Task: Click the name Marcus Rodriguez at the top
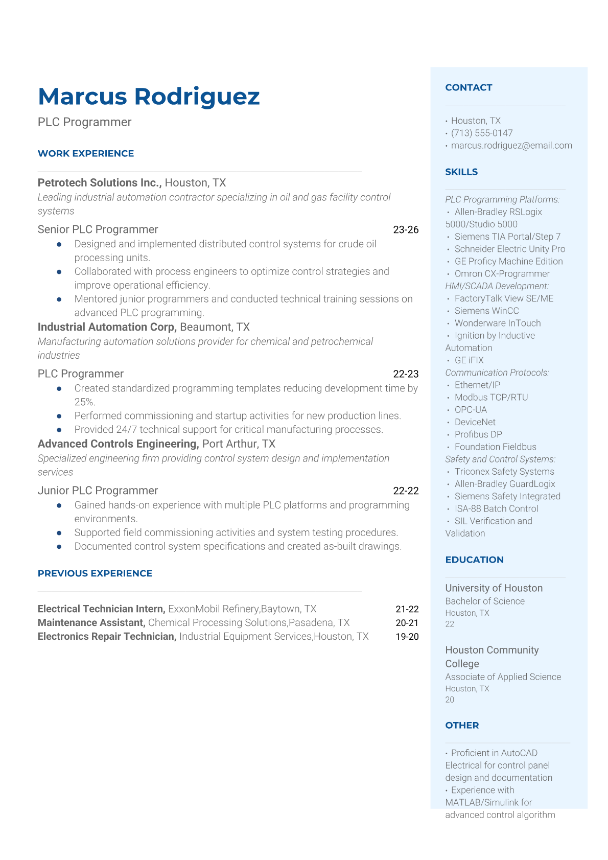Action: pyautogui.click(x=149, y=97)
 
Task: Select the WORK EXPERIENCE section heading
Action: pyautogui.click(x=86, y=153)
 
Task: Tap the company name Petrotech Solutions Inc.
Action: pyautogui.click(x=100, y=182)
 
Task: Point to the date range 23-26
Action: pyautogui.click(x=406, y=229)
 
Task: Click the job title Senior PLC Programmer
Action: pyautogui.click(x=98, y=229)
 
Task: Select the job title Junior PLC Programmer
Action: pyautogui.click(x=98, y=491)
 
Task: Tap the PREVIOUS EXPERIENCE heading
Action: pyautogui.click(x=95, y=573)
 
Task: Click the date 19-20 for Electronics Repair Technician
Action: pyautogui.click(x=407, y=637)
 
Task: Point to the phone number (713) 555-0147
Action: pyautogui.click(x=481, y=133)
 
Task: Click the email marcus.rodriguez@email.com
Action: pyautogui.click(x=511, y=146)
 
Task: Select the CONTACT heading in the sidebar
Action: pyautogui.click(x=469, y=87)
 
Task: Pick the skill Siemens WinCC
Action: pyautogui.click(x=486, y=311)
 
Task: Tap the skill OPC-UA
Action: pyautogui.click(x=471, y=410)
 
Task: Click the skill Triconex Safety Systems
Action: pyautogui.click(x=504, y=472)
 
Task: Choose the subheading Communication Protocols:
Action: pyautogui.click(x=497, y=373)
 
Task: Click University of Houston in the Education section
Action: pyautogui.click(x=494, y=588)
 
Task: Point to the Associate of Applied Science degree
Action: pyautogui.click(x=503, y=677)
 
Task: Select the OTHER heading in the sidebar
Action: pyautogui.click(x=462, y=725)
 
